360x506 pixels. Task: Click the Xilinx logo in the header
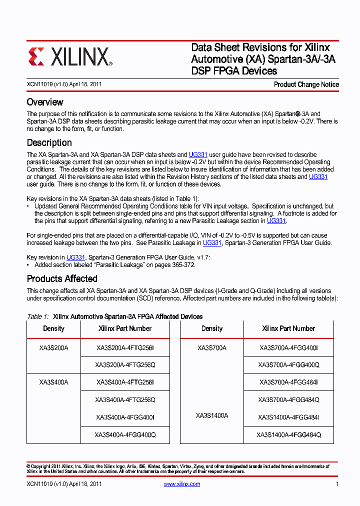point(70,57)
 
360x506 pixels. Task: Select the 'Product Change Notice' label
point(306,84)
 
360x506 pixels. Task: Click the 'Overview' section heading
point(45,102)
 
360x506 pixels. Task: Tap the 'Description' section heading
point(49,142)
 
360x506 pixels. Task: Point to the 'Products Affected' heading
point(62,278)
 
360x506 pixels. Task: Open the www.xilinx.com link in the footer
point(182,484)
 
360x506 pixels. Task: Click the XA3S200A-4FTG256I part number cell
point(125,347)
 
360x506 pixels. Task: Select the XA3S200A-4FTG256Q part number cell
point(125,365)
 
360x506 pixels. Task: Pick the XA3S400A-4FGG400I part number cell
point(125,417)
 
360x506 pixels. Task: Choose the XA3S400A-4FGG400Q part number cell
point(125,435)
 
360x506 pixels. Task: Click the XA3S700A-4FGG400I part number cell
point(288,347)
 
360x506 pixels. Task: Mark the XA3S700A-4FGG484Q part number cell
point(288,399)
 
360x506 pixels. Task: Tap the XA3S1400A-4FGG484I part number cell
point(288,417)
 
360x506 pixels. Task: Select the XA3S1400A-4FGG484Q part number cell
point(288,435)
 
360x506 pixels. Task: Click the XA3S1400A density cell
point(212,415)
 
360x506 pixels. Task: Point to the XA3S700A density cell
point(212,347)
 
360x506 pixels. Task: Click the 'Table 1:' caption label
point(37,316)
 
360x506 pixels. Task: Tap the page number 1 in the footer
point(337,484)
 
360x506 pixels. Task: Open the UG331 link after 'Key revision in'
point(75,257)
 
